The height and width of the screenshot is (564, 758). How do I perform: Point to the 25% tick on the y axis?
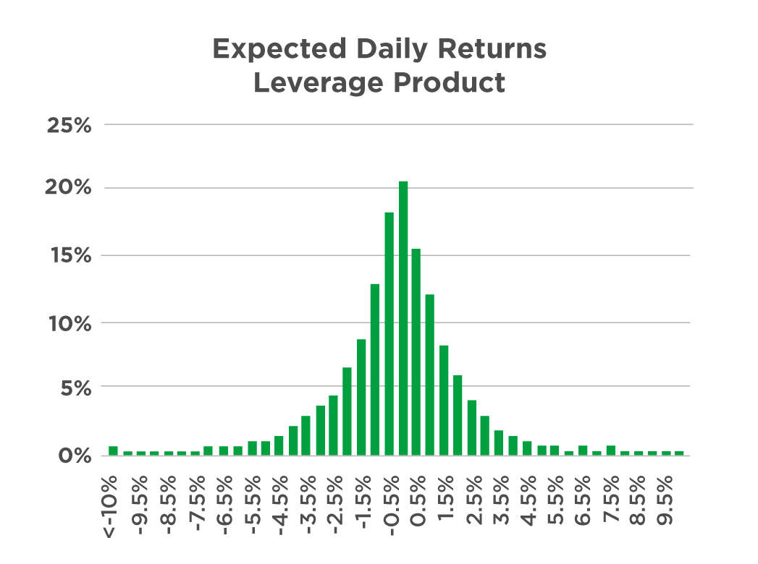tap(70, 125)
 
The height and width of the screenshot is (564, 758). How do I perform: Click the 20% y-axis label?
tap(70, 189)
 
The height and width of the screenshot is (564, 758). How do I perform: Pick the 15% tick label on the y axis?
tap(70, 256)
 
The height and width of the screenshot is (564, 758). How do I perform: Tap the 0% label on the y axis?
tap(75, 456)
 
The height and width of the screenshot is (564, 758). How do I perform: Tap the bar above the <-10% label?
tap(113, 450)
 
